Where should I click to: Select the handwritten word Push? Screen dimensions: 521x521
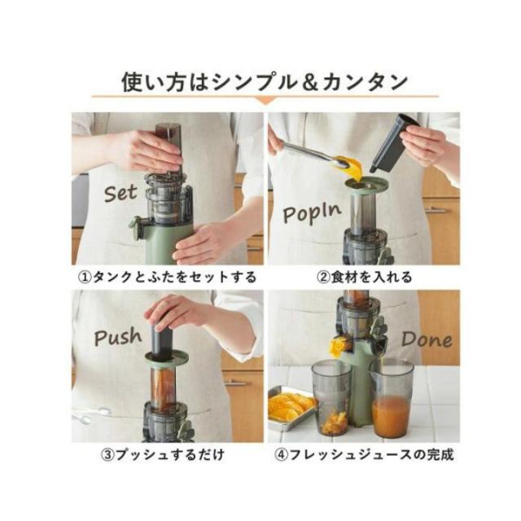pyautogui.click(x=118, y=336)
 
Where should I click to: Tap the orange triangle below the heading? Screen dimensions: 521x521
pyautogui.click(x=260, y=101)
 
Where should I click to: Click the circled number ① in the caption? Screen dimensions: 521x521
pyautogui.click(x=83, y=277)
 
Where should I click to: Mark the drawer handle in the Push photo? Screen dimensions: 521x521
pyautogui.click(x=237, y=382)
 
